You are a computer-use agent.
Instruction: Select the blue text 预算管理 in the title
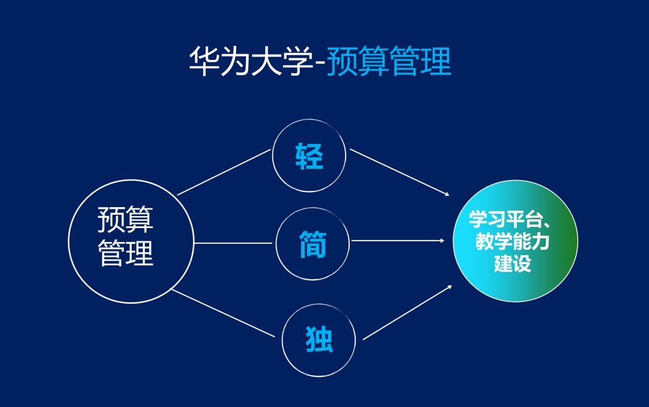pos(389,62)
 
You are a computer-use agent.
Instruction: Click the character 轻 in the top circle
pos(309,156)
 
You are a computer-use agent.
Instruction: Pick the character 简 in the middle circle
pos(313,244)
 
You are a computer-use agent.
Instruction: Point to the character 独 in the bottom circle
pos(318,340)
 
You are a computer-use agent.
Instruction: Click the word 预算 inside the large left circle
pos(126,220)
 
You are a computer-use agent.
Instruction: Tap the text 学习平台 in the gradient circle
pos(504,220)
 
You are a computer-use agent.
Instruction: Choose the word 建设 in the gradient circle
pos(513,264)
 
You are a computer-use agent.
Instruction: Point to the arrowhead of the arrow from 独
pos(449,287)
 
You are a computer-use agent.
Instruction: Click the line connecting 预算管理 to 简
pos(234,244)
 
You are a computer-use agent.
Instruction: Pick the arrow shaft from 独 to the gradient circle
pos(406,313)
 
